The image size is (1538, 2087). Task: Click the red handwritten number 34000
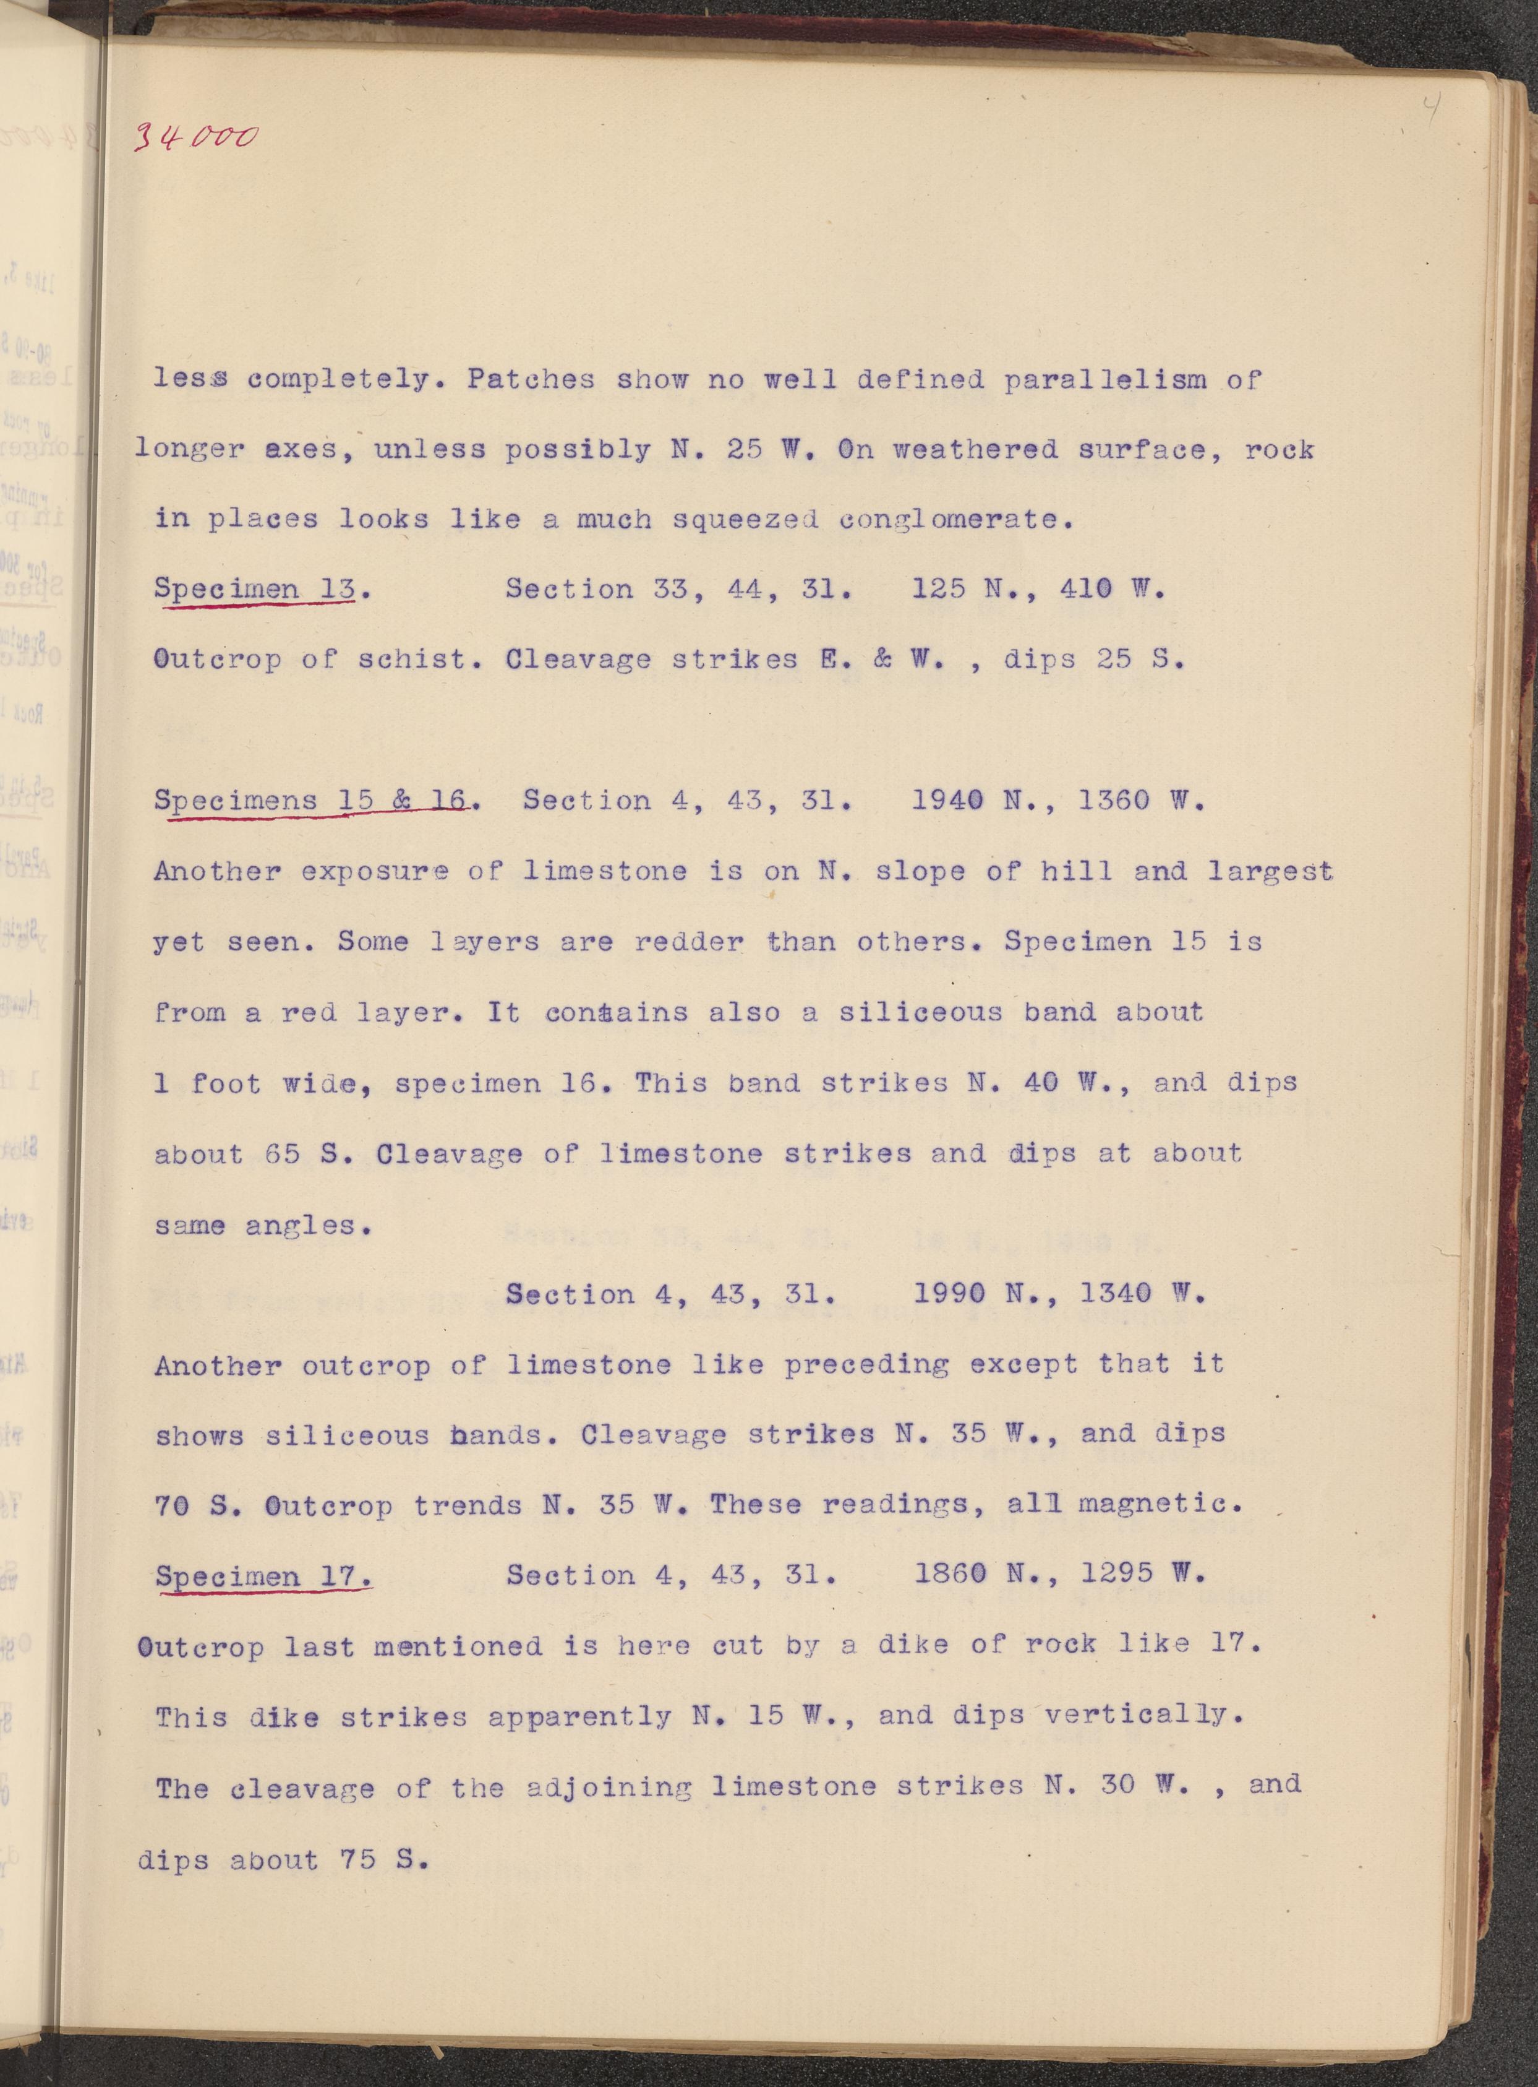point(194,138)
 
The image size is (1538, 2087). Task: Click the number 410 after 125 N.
point(1087,588)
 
